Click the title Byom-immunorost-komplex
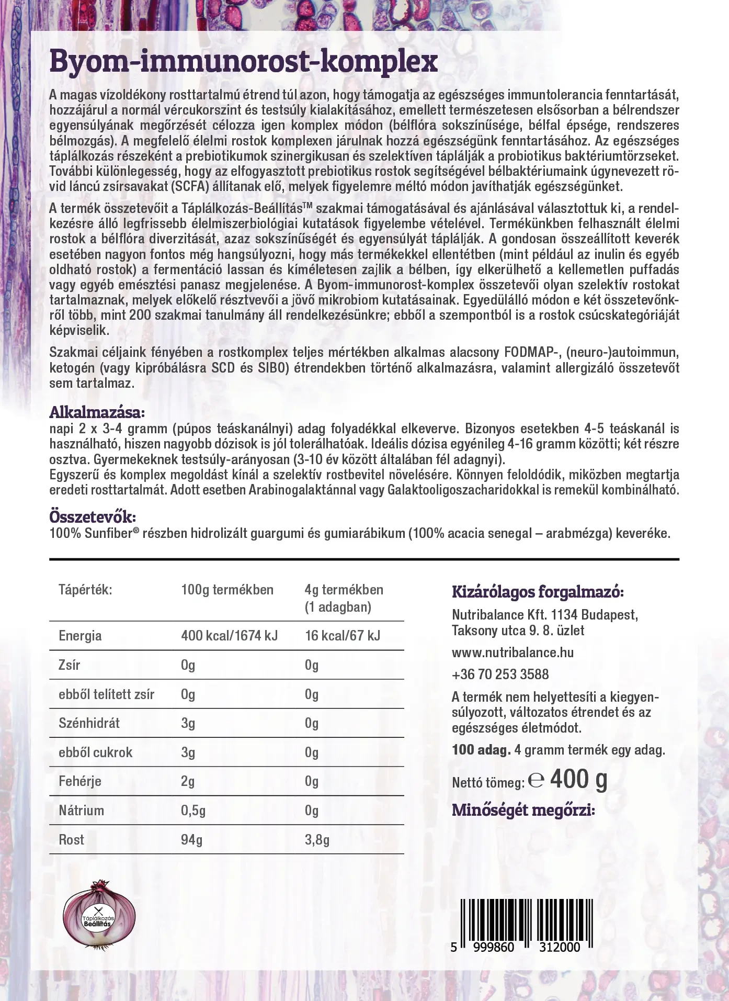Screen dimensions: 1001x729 (x=243, y=62)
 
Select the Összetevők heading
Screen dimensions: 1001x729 (x=92, y=517)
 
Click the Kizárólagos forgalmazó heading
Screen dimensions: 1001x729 (x=538, y=592)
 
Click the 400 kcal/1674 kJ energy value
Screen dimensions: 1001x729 (x=229, y=636)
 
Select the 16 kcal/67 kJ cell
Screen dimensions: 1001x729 (x=342, y=636)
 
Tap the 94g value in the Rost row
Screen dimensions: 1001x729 (x=191, y=840)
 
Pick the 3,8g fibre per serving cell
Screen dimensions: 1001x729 (x=317, y=840)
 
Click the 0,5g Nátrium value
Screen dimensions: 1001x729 (x=193, y=811)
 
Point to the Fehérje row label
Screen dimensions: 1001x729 (x=80, y=781)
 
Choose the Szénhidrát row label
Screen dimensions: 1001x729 (x=89, y=723)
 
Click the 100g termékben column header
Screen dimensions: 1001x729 (x=227, y=590)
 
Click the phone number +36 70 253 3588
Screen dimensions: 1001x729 (x=500, y=674)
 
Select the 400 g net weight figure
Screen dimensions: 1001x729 (x=578, y=780)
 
